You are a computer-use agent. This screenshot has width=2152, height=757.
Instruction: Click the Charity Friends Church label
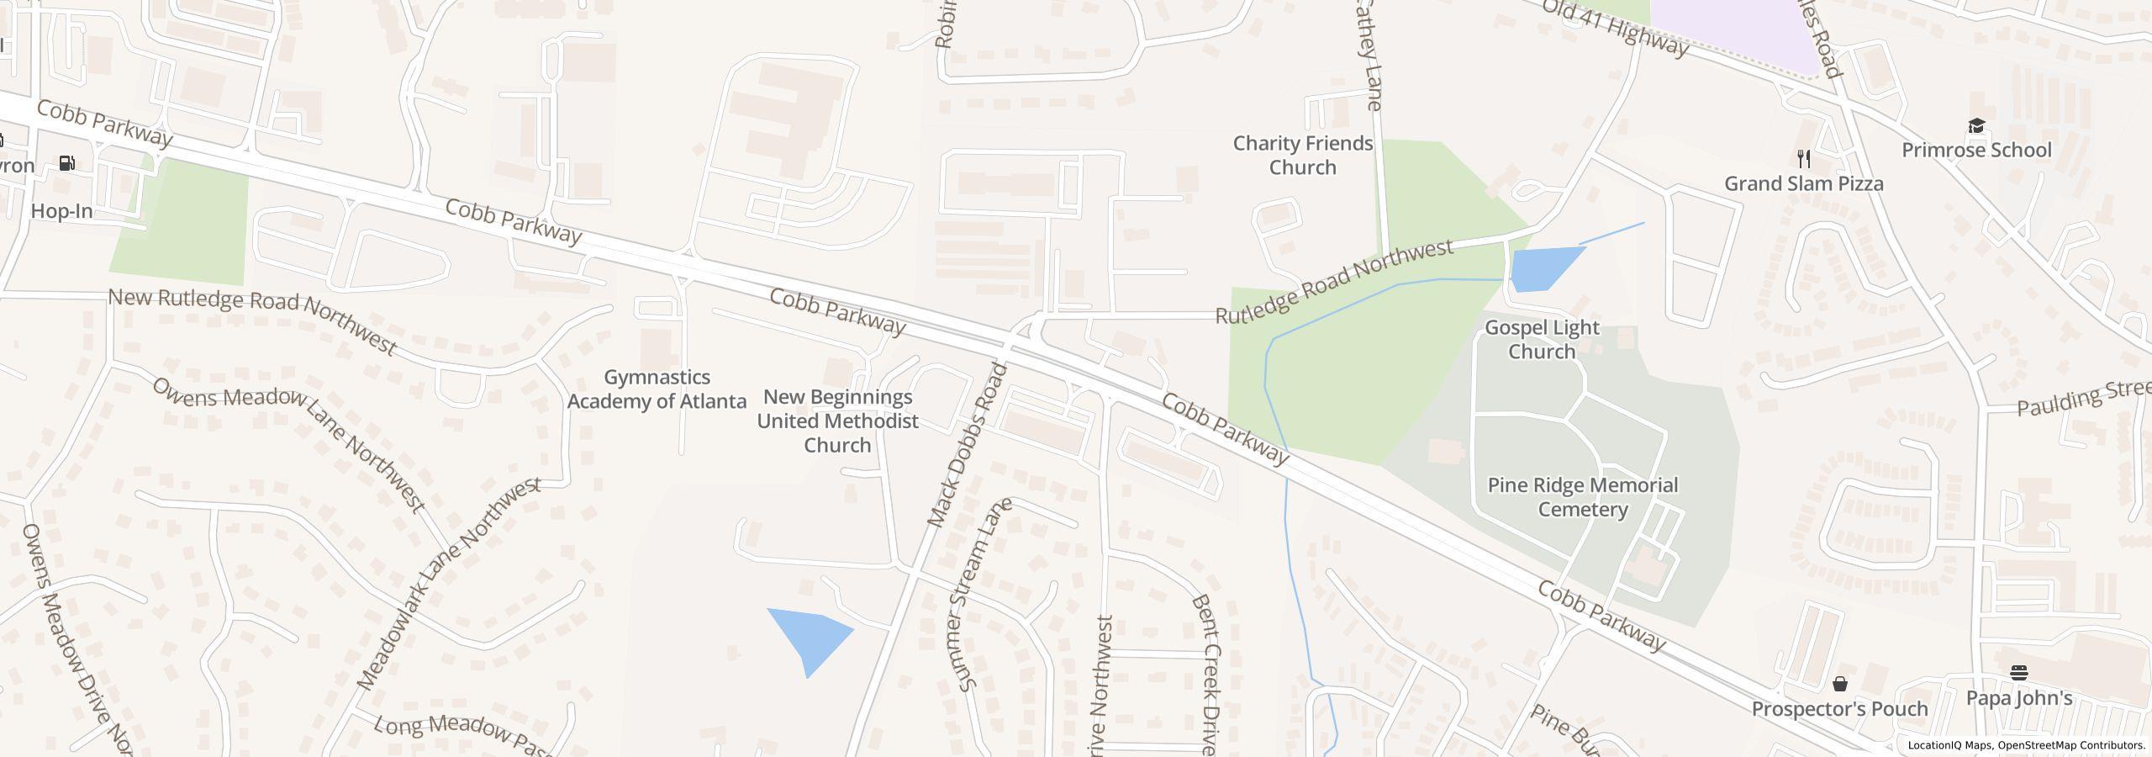(x=1302, y=156)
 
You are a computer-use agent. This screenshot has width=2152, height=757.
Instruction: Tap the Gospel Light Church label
(x=1541, y=339)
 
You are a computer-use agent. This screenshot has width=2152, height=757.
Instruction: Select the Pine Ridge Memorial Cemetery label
(x=1582, y=497)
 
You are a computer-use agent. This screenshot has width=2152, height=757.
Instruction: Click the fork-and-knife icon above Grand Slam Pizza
(x=1803, y=158)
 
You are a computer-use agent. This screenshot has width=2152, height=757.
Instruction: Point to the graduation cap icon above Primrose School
(x=1975, y=126)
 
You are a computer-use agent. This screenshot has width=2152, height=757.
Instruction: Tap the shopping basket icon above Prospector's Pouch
(x=1839, y=684)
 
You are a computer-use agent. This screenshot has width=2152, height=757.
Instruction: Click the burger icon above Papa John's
(x=2018, y=672)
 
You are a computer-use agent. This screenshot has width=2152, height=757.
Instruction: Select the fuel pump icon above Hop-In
(x=67, y=163)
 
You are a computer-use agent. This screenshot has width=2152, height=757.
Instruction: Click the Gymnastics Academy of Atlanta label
(x=657, y=389)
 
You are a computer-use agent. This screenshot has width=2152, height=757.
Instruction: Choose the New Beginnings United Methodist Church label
(x=837, y=421)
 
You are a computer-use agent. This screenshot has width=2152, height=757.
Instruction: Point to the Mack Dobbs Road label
(x=967, y=446)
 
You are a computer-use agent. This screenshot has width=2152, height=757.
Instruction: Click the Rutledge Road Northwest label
(x=1334, y=282)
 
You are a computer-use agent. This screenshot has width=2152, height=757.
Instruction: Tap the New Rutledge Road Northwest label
(x=252, y=321)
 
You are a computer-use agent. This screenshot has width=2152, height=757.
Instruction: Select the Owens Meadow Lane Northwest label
(x=289, y=443)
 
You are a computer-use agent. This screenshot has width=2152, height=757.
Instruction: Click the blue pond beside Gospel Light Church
(x=1543, y=268)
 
